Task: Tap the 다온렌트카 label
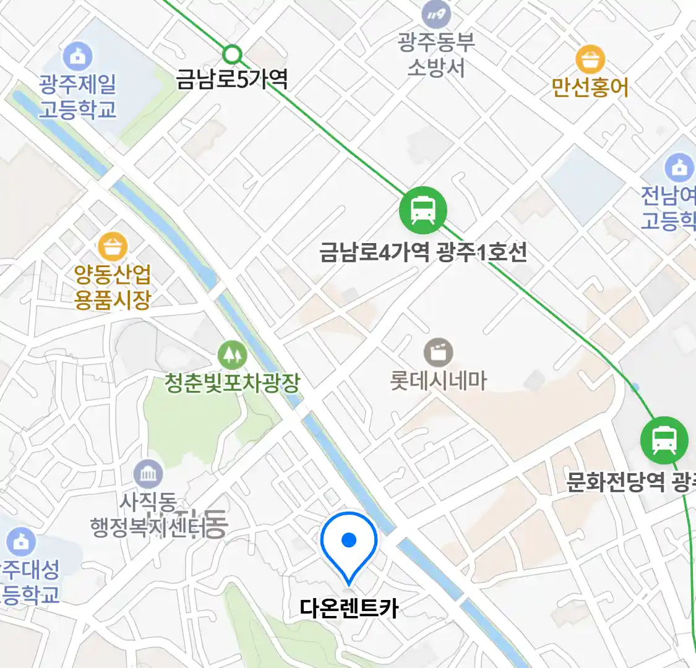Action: (349, 608)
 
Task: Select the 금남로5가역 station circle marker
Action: (232, 54)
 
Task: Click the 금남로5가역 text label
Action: (232, 79)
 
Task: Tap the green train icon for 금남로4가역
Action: (423, 210)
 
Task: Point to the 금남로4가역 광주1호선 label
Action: (423, 252)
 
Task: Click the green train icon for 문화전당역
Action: (664, 440)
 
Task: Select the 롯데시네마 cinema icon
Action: (438, 353)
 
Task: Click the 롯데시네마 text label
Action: (438, 380)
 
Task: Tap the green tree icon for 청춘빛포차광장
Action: (232, 355)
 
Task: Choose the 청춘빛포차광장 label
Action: (232, 383)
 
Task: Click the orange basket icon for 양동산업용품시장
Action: (113, 247)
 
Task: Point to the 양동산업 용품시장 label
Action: (113, 286)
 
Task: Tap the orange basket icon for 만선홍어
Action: (590, 59)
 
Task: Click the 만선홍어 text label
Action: (590, 87)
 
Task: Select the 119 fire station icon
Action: (436, 14)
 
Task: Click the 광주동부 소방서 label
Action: (436, 54)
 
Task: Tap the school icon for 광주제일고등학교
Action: (77, 56)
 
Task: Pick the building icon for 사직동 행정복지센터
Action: (148, 475)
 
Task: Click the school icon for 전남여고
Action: (679, 168)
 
